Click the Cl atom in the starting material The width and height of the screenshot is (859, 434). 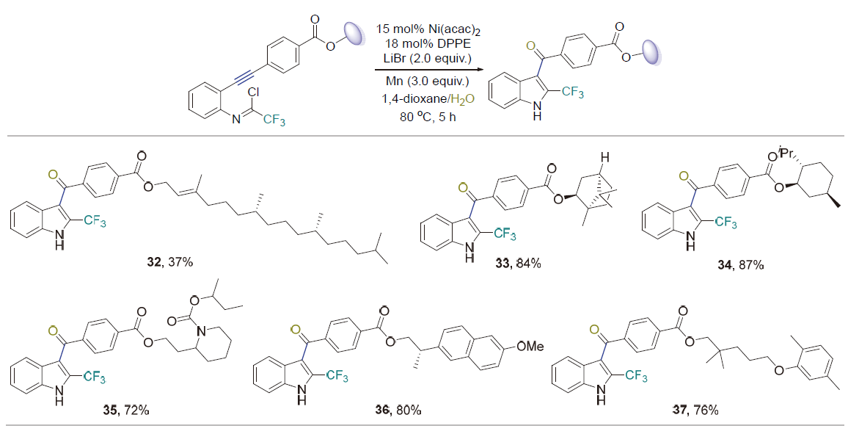click(255, 94)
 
